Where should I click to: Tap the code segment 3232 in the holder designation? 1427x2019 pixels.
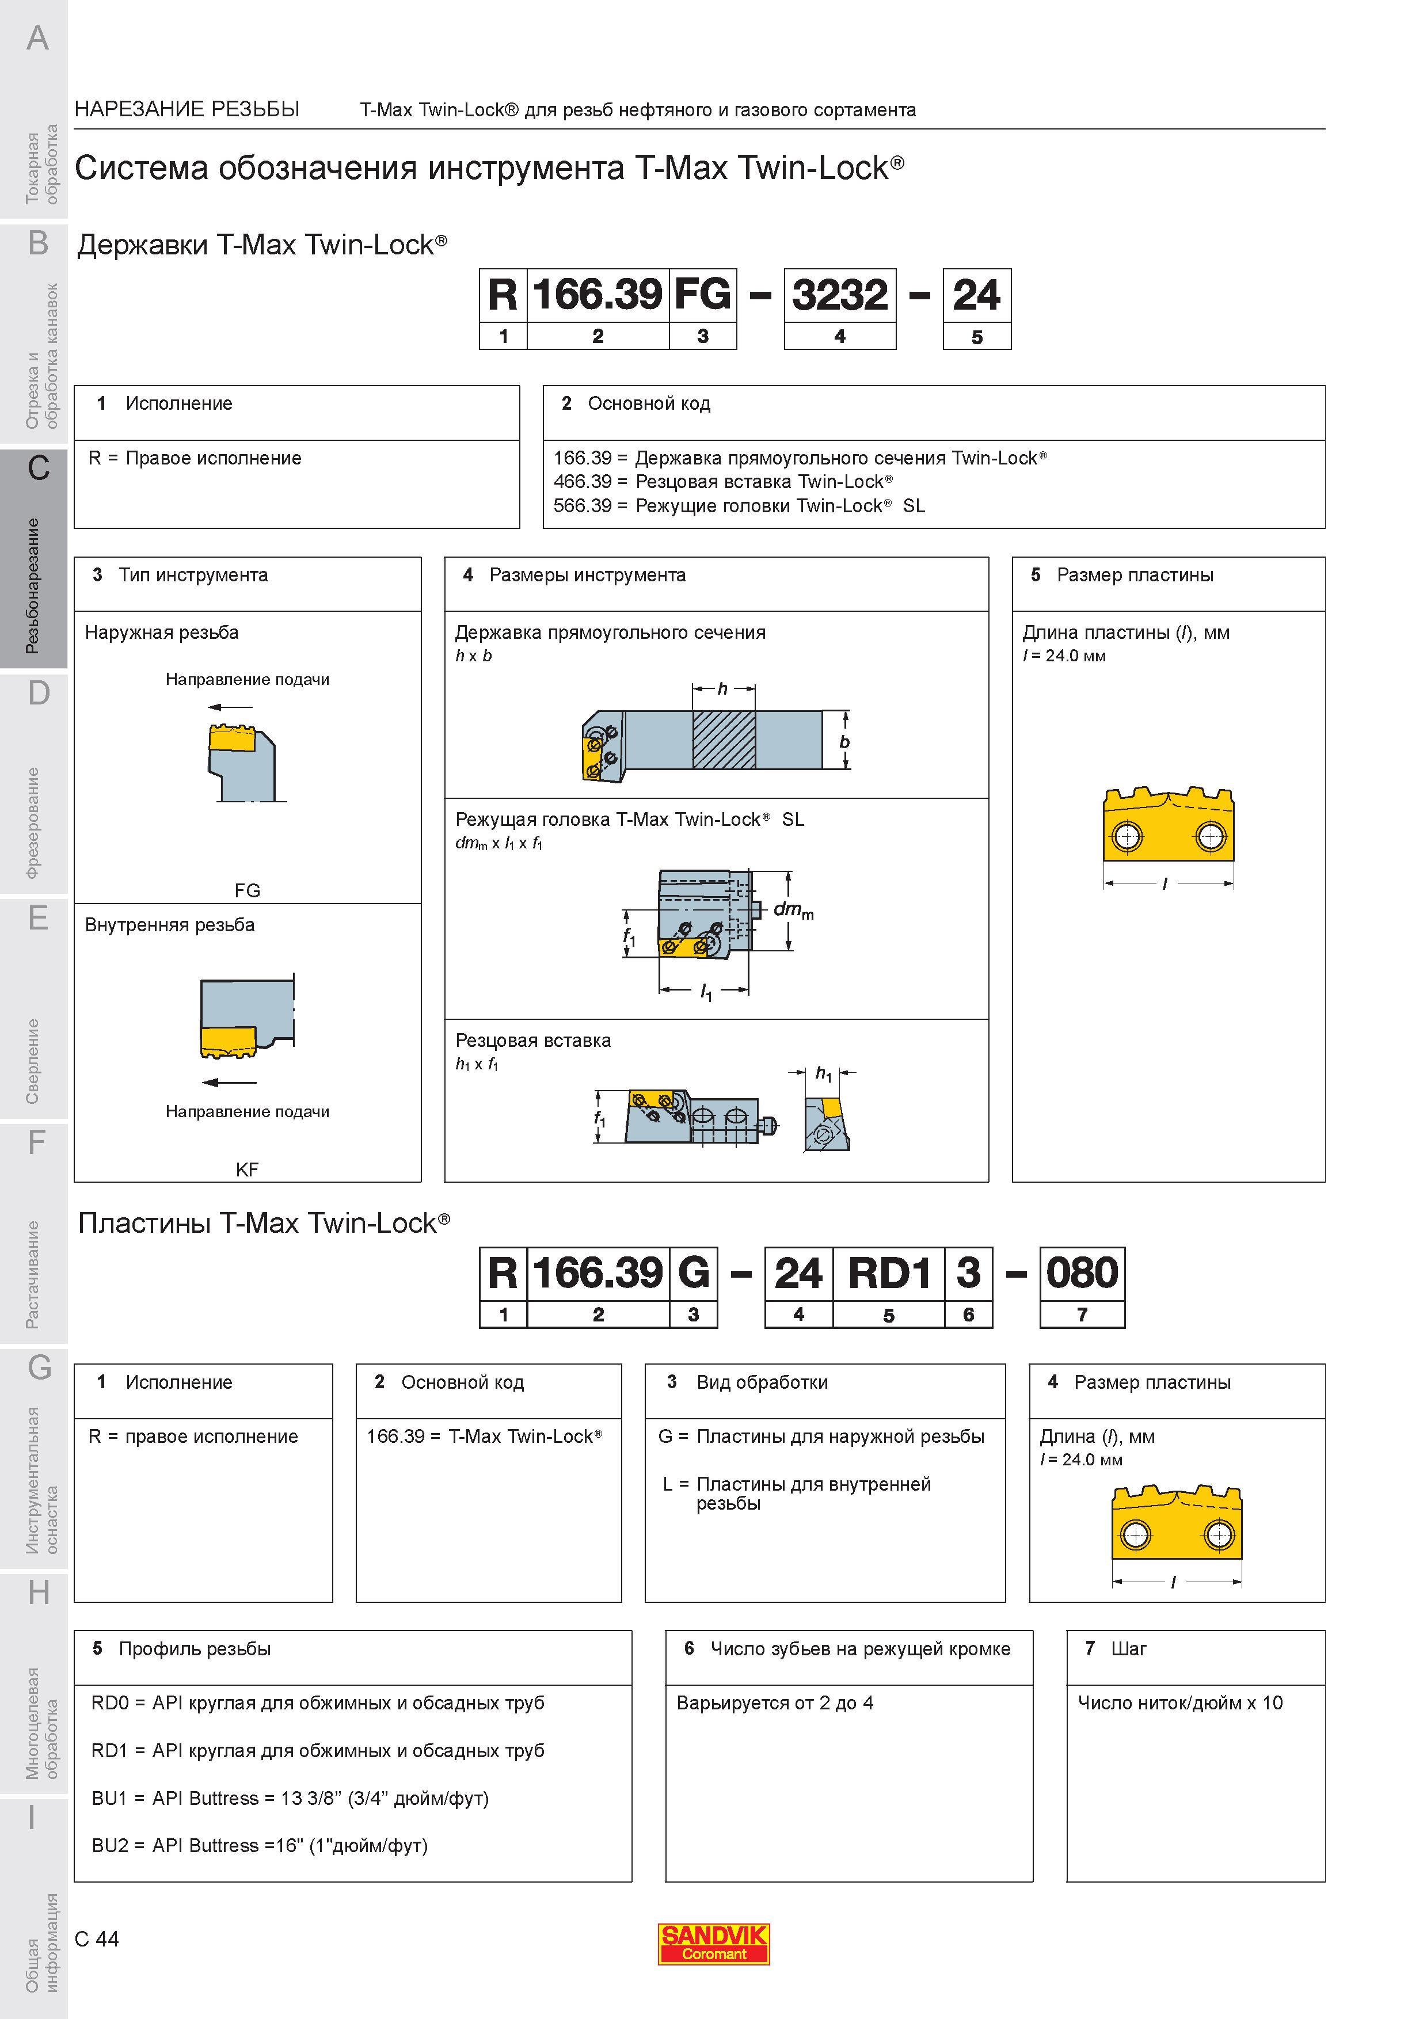(x=840, y=295)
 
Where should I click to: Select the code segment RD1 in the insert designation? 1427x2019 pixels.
(x=889, y=1273)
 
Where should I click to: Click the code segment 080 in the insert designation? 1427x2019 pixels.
(x=1082, y=1273)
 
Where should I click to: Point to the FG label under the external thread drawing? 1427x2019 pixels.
(x=247, y=890)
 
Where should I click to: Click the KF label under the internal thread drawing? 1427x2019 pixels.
(x=247, y=1170)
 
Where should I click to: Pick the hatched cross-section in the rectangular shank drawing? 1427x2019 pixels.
(x=724, y=740)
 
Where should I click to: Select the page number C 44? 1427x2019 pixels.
(x=97, y=1939)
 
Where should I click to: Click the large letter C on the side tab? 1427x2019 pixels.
(x=38, y=468)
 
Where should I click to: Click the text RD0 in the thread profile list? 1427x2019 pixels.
(x=110, y=1703)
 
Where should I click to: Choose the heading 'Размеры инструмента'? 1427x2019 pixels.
(x=587, y=575)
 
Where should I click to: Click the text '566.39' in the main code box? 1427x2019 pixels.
(x=582, y=506)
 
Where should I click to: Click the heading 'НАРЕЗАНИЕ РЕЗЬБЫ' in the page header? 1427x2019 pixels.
(x=187, y=109)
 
